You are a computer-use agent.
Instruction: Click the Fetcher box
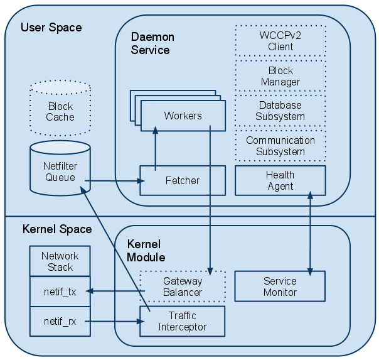[x=182, y=180]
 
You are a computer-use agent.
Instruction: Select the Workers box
[x=183, y=116]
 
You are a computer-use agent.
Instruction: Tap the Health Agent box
[x=280, y=180]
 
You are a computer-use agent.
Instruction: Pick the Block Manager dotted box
[x=280, y=77]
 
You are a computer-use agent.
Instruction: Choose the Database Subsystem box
[x=280, y=111]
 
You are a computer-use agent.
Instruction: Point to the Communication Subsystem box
[x=280, y=146]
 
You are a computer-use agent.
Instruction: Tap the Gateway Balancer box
[x=182, y=286]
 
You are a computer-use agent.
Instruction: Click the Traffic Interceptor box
[x=182, y=321]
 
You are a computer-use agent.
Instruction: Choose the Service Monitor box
[x=280, y=286]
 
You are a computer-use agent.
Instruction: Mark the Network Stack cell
[x=60, y=261]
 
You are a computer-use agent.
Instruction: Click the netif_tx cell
[x=60, y=291]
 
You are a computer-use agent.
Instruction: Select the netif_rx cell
[x=60, y=321]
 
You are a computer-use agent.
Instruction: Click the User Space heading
[x=51, y=28]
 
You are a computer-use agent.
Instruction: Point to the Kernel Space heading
[x=57, y=229]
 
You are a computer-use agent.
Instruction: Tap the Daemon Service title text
[x=152, y=43]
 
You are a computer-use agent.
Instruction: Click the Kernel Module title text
[x=146, y=251]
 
